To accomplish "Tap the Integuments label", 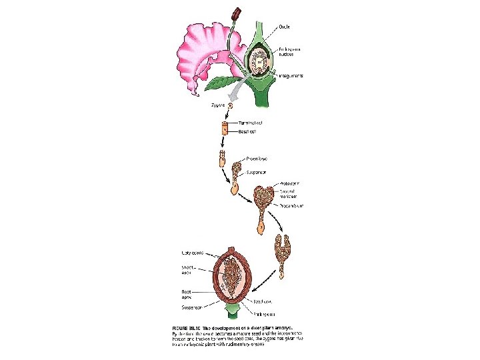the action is coord(291,76).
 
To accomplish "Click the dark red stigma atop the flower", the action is coord(236,13).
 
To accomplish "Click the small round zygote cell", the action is coord(231,105).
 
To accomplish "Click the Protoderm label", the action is coord(289,183).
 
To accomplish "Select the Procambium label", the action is coord(291,206).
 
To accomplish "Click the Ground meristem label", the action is coord(289,193).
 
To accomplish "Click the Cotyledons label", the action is coord(194,252).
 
